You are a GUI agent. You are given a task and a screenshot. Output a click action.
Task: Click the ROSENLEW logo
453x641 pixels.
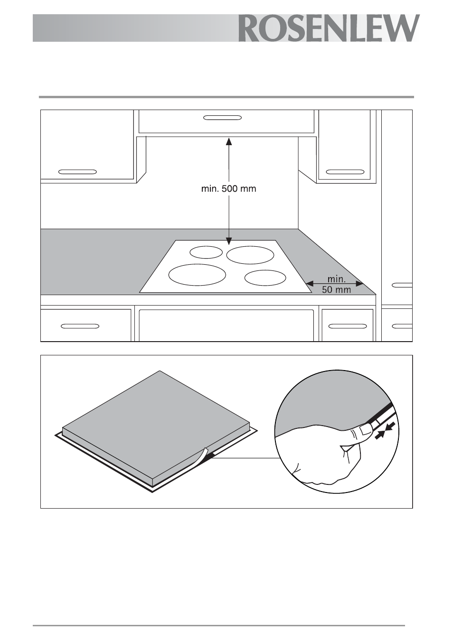329,28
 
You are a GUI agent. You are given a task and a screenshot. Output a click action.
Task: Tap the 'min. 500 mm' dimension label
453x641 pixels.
228,189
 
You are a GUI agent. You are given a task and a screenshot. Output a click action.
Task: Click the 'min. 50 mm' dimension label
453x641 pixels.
337,285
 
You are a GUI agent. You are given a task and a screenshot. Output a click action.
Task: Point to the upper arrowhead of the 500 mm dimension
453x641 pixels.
228,141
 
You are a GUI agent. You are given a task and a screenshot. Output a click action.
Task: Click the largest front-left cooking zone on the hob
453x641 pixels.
197,275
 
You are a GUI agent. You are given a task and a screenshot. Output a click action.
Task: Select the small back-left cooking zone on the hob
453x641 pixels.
206,252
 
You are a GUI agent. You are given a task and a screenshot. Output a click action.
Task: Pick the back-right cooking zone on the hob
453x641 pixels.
250,255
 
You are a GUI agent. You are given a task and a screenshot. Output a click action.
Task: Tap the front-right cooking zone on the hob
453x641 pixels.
265,278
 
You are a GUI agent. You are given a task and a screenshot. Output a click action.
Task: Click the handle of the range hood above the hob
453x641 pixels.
223,118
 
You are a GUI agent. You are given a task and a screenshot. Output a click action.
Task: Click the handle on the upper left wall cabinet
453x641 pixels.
77,172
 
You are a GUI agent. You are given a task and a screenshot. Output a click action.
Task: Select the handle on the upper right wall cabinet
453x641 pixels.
345,172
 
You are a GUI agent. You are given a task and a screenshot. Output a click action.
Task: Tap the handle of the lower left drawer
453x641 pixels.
80,326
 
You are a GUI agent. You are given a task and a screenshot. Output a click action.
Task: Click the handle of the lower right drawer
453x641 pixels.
347,326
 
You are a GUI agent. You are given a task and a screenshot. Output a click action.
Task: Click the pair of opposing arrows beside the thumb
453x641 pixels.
385,430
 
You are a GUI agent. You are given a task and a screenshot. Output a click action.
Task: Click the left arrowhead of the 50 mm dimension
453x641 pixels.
310,284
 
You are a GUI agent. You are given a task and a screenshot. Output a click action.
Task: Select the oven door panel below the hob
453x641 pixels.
226,325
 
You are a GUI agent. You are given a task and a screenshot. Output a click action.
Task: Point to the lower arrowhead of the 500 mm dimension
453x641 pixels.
228,241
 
